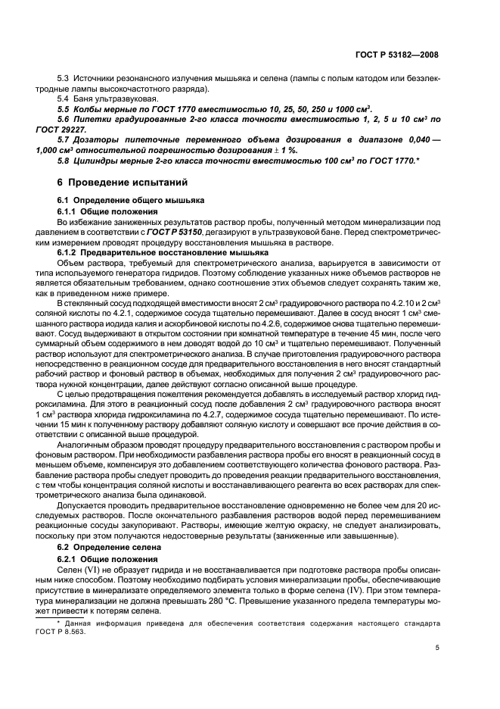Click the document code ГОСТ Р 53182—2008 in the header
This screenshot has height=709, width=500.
click(402, 55)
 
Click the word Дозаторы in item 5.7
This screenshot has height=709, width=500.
click(95, 139)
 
